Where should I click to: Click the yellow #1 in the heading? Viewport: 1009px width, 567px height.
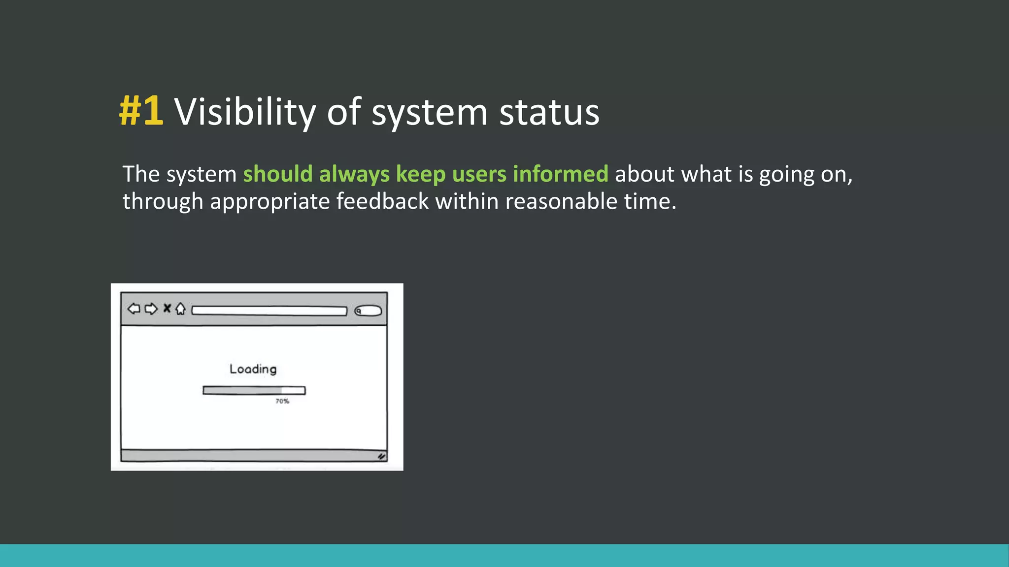141,111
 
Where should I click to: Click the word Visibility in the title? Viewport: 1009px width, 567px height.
244,112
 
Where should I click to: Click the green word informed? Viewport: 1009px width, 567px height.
560,174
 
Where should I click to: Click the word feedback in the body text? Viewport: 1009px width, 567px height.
382,202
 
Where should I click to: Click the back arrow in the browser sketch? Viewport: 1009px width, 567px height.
134,309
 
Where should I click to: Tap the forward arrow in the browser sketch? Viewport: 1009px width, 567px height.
151,309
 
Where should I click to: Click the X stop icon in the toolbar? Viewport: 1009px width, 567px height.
167,308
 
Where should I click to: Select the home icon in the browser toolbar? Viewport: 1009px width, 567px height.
180,309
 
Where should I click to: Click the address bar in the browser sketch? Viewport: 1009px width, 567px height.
269,311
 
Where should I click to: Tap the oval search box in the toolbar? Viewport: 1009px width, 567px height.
368,311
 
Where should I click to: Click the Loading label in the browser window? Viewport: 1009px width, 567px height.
253,369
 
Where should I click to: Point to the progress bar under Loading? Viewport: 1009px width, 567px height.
254,390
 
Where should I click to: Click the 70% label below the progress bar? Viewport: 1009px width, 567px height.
282,401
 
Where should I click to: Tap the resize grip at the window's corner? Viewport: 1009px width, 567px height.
381,456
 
